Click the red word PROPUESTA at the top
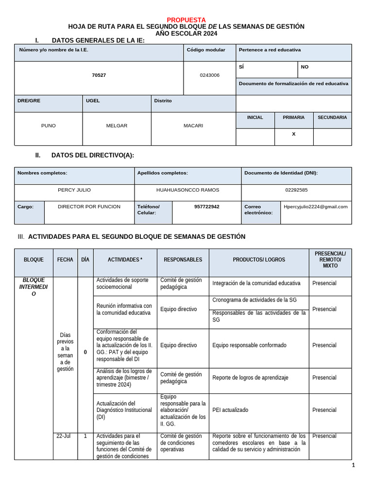click(186, 19)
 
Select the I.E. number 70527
click(99, 75)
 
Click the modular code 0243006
click(209, 75)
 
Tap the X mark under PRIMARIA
click(293, 134)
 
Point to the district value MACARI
click(193, 125)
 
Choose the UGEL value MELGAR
click(117, 125)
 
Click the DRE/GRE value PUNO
click(49, 125)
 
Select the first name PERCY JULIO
click(74, 190)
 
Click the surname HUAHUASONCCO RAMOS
click(187, 190)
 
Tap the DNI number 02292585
click(296, 190)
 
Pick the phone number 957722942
click(207, 207)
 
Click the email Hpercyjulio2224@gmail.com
click(316, 207)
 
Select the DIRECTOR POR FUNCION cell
click(89, 207)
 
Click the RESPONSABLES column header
click(183, 260)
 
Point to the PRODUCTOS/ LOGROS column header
click(259, 260)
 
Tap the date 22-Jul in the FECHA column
click(63, 436)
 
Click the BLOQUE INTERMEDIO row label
click(34, 287)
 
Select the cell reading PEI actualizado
click(230, 410)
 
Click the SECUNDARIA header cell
click(332, 118)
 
